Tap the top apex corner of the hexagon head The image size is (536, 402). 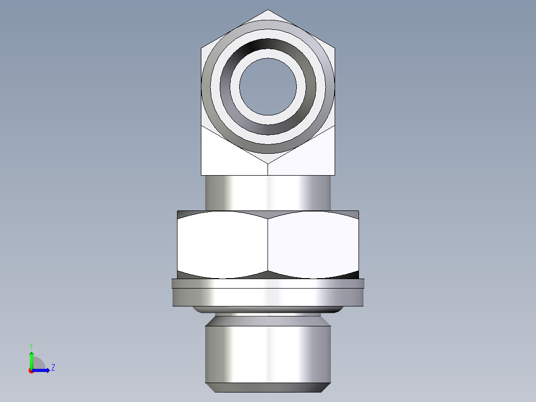click(268, 10)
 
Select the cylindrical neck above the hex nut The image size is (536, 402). click(268, 193)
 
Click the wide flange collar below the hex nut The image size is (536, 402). click(268, 298)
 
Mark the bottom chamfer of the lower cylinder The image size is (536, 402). click(268, 388)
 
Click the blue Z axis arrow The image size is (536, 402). click(42, 370)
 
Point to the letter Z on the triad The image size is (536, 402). click(53, 368)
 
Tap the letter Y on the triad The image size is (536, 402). click(31, 345)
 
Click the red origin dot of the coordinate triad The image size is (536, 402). click(31, 371)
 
